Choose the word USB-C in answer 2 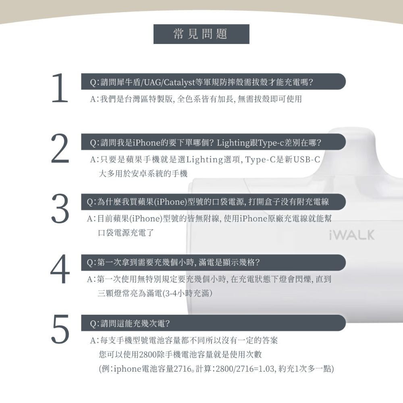click(x=305, y=160)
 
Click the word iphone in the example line click(x=126, y=369)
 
